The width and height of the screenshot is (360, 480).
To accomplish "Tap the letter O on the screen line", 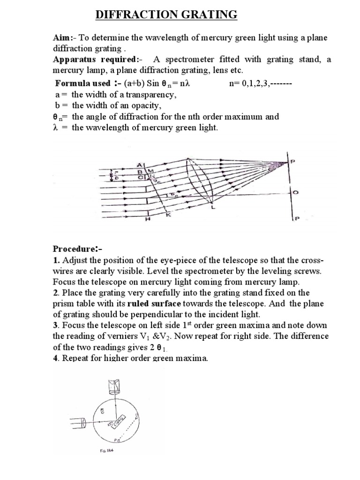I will click(x=294, y=192).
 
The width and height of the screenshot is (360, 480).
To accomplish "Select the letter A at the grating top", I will click(x=139, y=164).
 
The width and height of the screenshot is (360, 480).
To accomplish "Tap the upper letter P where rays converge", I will click(x=293, y=161).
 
